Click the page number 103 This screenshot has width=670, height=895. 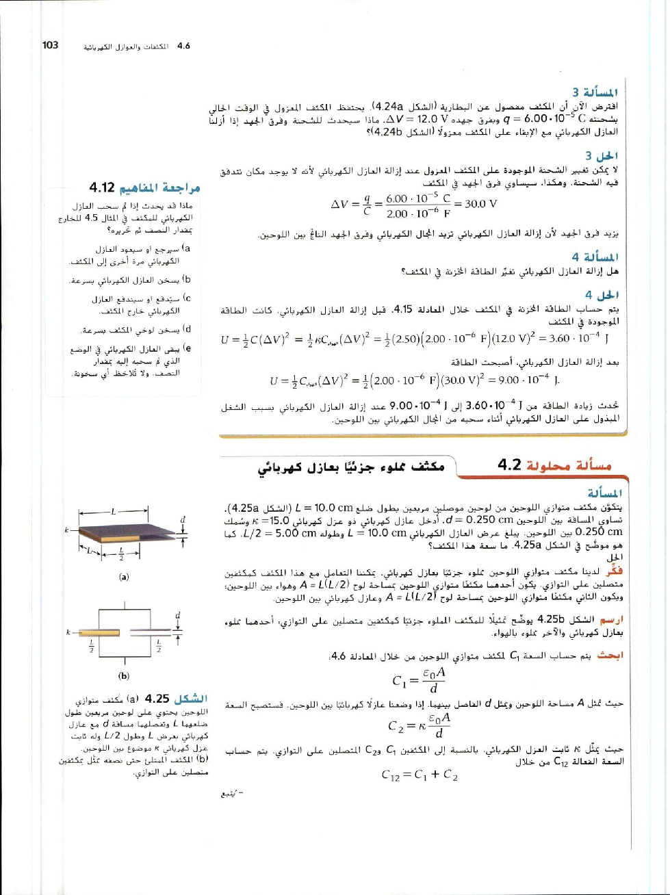point(50,45)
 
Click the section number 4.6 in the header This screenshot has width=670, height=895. point(183,46)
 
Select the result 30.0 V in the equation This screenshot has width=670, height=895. point(480,203)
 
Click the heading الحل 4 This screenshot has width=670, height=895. point(605,296)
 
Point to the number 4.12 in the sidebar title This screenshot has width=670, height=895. point(104,187)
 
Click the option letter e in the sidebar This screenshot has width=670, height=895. point(188,348)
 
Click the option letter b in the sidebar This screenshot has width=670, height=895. point(188,279)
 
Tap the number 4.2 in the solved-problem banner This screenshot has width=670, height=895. point(510,465)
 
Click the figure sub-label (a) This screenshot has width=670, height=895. point(124,577)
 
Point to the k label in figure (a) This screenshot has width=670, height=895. point(66,530)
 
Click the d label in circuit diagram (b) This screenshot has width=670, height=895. point(178,615)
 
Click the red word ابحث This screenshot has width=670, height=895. point(610,655)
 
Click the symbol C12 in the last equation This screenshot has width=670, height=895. point(394,776)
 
